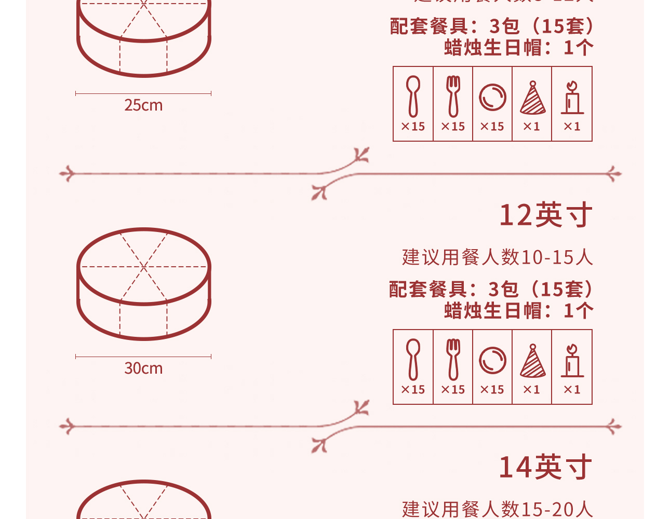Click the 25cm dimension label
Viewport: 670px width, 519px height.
coord(143,105)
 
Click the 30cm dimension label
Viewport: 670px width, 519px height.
coord(143,368)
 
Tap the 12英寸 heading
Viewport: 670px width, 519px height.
coord(545,215)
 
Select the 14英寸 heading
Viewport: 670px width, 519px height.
coord(545,467)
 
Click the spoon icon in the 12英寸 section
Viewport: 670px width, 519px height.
coord(413,359)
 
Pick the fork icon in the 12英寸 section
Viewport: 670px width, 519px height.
coord(453,359)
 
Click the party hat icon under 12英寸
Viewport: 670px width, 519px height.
coord(532,361)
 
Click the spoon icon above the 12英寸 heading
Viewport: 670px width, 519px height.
coord(413,96)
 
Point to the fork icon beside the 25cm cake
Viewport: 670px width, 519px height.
coord(453,96)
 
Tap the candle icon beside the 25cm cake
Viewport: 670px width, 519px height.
coord(572,97)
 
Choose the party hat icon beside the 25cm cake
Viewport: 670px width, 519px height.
coord(532,98)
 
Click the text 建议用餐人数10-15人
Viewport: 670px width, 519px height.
coord(497,257)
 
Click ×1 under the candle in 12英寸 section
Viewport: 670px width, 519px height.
coord(572,389)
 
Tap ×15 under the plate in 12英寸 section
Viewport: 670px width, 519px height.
coord(492,389)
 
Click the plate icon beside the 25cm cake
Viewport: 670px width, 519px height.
coord(492,97)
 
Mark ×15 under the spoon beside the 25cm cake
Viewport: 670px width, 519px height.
coord(413,126)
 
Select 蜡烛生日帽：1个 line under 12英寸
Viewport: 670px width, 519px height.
coord(518,311)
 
